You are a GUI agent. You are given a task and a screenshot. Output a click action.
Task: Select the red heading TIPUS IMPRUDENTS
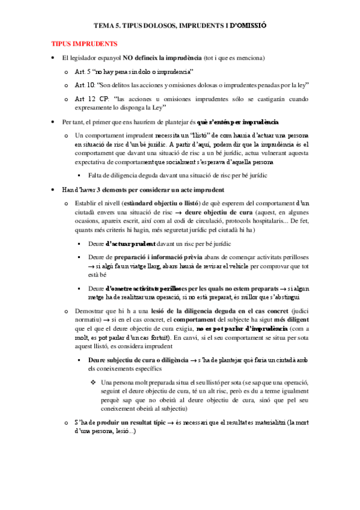pos(84,45)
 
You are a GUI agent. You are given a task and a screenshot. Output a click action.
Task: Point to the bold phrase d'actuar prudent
pos(130,243)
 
